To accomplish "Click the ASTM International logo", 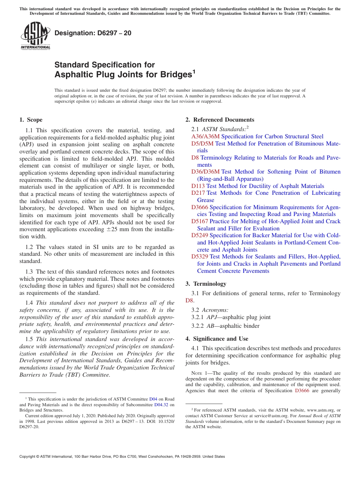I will (x=35, y=36).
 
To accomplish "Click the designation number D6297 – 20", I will (x=93, y=33).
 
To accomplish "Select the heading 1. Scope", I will (x=31, y=120).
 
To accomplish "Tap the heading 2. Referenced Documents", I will (x=220, y=120).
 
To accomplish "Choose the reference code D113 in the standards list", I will (x=198, y=186).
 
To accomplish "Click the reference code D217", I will (x=198, y=193).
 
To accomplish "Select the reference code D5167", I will (x=200, y=221).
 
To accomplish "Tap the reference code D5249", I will (x=200, y=235).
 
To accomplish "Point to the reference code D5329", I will (x=200, y=257).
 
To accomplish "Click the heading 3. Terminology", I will (x=210, y=284).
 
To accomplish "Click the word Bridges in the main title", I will (x=172, y=74).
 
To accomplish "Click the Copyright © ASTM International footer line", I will (x=122, y=457).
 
